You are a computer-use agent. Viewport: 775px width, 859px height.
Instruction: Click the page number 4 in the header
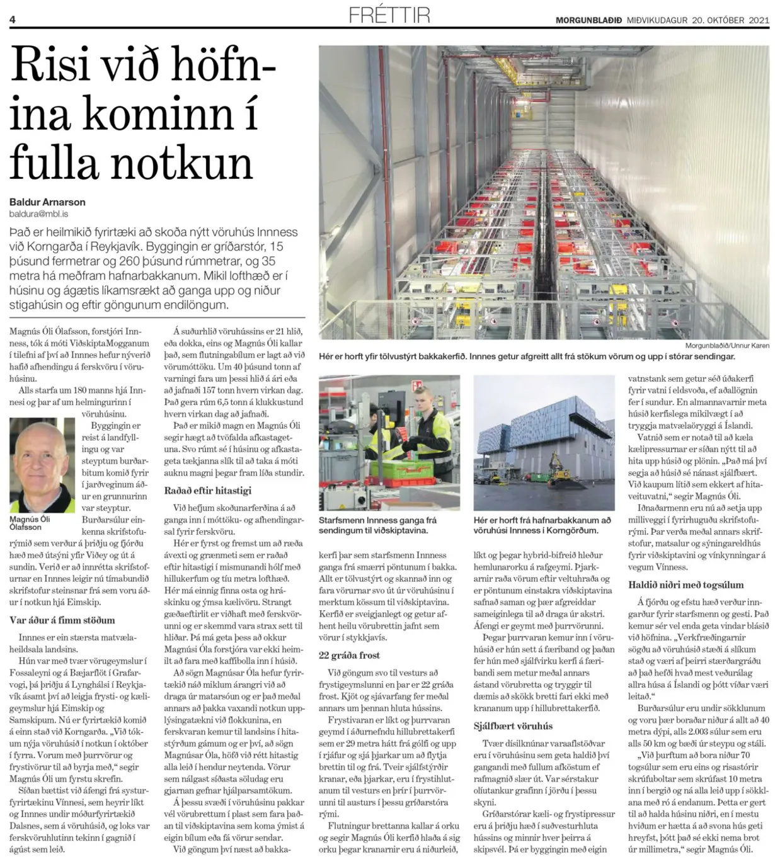click(13, 20)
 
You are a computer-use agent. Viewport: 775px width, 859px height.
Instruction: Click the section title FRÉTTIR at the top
click(389, 14)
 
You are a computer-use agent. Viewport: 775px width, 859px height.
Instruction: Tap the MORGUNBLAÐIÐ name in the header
click(588, 20)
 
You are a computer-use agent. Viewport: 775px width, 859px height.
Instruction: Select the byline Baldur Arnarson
click(47, 202)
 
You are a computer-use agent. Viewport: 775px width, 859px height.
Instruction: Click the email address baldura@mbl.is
click(38, 214)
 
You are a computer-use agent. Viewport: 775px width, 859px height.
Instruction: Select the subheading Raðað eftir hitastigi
click(207, 491)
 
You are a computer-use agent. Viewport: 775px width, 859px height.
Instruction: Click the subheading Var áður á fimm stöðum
click(62, 620)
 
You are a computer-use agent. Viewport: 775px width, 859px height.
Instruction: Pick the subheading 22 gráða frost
click(349, 655)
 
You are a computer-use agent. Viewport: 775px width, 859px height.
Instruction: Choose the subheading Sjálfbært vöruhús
click(513, 726)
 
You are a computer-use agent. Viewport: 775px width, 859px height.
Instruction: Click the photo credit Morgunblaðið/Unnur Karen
click(727, 346)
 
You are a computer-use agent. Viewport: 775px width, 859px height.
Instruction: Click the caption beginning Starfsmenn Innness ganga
click(377, 525)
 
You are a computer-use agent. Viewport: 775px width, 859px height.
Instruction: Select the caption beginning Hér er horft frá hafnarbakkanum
click(542, 525)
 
